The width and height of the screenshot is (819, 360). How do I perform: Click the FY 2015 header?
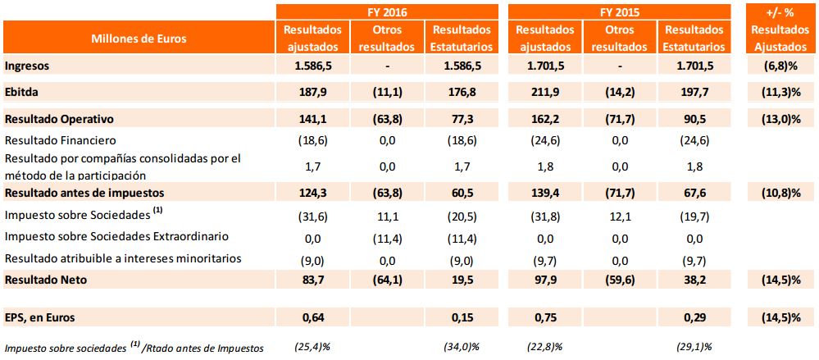(x=620, y=11)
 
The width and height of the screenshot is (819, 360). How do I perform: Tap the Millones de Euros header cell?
(x=139, y=38)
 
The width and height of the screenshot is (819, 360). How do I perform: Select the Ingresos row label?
(x=26, y=66)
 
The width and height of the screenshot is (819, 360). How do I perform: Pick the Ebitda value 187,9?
(x=313, y=91)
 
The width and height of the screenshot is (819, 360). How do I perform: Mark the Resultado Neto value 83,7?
(x=313, y=280)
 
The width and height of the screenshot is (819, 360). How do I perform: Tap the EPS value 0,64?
(x=313, y=316)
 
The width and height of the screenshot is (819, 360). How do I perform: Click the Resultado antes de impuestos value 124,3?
(x=313, y=194)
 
